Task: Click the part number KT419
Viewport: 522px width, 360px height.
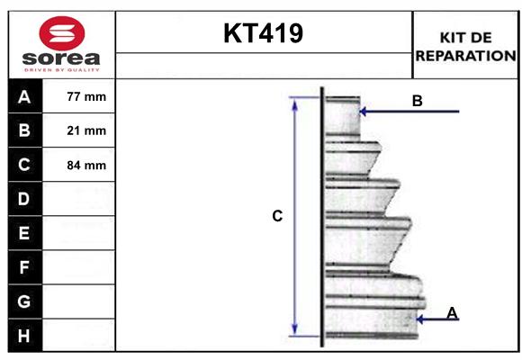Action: [263, 33]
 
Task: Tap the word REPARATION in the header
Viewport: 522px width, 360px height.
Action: [465, 55]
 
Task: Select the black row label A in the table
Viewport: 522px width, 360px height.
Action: [24, 96]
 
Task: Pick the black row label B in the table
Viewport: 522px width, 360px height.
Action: [24, 130]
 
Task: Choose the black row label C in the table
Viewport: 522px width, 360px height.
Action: [24, 165]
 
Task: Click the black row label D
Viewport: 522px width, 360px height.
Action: [24, 198]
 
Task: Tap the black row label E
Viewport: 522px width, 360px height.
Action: [24, 232]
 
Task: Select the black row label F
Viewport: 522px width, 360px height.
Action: [24, 266]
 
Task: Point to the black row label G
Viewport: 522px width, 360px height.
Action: [24, 301]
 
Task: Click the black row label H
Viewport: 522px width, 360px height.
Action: [24, 335]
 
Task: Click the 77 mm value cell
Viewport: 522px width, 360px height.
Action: [86, 96]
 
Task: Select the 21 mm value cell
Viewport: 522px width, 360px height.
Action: [86, 130]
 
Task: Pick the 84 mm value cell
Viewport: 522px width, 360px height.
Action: [86, 165]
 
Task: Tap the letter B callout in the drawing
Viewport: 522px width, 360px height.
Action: [418, 101]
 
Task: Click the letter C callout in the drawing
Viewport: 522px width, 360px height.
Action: [278, 216]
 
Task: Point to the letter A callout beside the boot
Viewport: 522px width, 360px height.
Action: [453, 312]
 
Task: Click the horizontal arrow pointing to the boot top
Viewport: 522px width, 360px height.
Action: [409, 112]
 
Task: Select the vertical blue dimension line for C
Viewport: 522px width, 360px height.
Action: [294, 216]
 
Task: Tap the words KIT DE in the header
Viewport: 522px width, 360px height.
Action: [465, 37]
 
